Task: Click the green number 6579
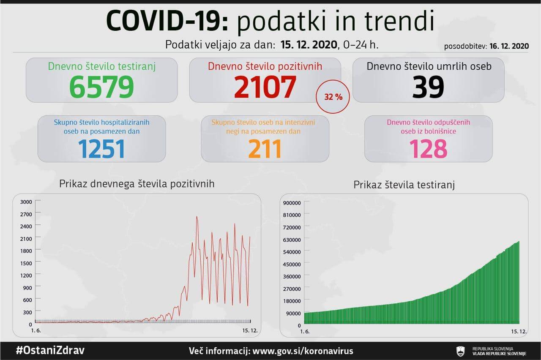[x=101, y=87]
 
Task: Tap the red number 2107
[x=265, y=87]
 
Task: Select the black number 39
[x=428, y=87]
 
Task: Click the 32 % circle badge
[x=333, y=97]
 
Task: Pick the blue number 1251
[x=102, y=149]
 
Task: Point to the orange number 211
[x=265, y=149]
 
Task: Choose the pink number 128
[x=428, y=149]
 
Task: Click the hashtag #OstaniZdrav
[x=50, y=351]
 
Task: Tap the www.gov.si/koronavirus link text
[x=302, y=351]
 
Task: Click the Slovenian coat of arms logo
[x=460, y=351]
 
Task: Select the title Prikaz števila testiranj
[x=404, y=185]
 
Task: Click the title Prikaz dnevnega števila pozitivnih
[x=137, y=184]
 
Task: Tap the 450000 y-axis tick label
[x=292, y=264]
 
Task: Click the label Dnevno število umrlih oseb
[x=429, y=66]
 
